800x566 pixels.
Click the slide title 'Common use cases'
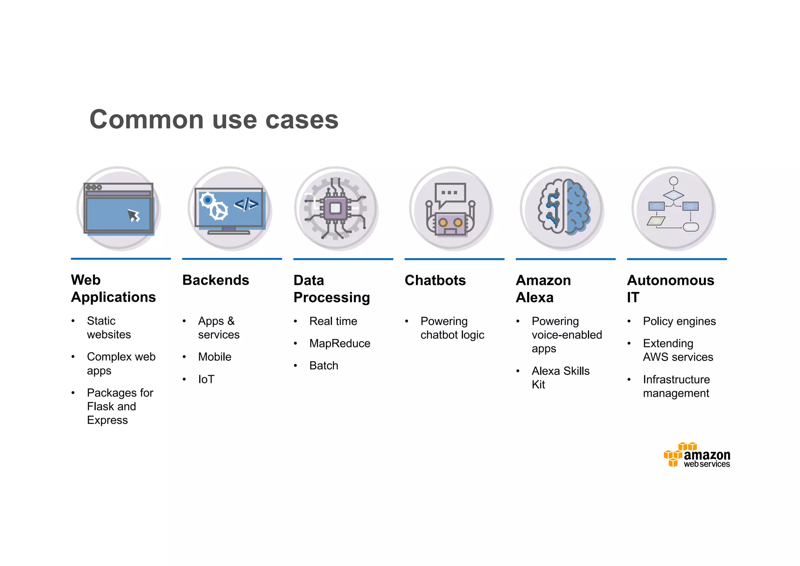point(214,119)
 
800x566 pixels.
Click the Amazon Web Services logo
point(697,455)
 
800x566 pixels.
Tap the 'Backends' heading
point(216,280)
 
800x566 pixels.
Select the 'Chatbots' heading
point(435,280)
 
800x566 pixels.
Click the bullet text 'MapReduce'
point(340,344)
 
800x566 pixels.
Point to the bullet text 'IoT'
point(206,379)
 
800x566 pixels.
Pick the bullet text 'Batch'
point(324,366)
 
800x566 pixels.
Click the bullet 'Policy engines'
point(679,321)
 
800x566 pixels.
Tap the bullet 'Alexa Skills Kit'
point(560,378)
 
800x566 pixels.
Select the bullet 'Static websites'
point(109,328)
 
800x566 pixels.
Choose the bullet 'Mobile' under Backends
point(214,357)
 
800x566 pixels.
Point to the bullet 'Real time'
point(333,321)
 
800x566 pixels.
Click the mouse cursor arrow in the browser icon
point(134,215)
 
